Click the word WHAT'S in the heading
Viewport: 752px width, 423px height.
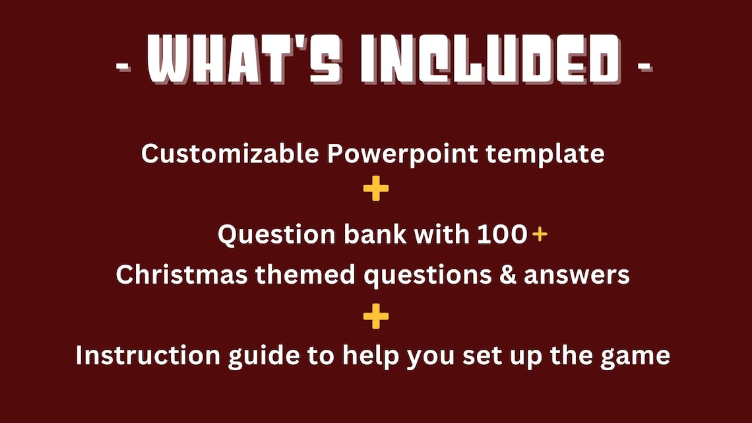[242, 60]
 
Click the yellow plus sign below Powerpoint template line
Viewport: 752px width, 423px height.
[376, 190]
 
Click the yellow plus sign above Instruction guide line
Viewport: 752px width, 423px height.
[376, 317]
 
